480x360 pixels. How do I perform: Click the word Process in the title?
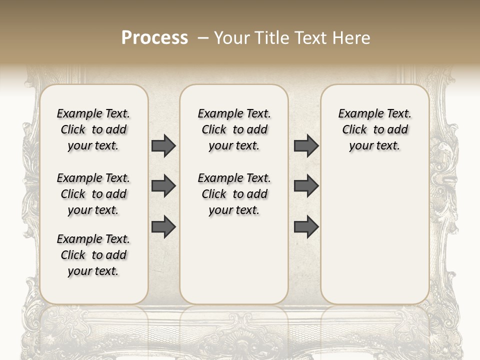coord(154,38)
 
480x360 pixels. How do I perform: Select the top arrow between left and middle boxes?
coord(163,145)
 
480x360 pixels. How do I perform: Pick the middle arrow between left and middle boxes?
coord(163,186)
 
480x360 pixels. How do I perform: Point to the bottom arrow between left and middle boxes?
coord(163,227)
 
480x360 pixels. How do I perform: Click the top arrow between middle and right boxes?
coord(306,145)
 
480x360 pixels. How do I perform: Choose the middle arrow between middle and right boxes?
coord(306,186)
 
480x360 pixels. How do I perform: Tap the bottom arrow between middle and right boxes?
coord(306,227)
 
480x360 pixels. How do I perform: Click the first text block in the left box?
coord(93,129)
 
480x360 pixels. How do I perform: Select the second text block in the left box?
coord(93,194)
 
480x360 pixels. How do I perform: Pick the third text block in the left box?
coord(93,255)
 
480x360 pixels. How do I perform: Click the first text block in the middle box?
coord(234,129)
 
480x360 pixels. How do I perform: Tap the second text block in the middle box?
coord(234,194)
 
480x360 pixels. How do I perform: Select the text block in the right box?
coord(375,129)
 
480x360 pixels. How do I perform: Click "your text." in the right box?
coord(375,146)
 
